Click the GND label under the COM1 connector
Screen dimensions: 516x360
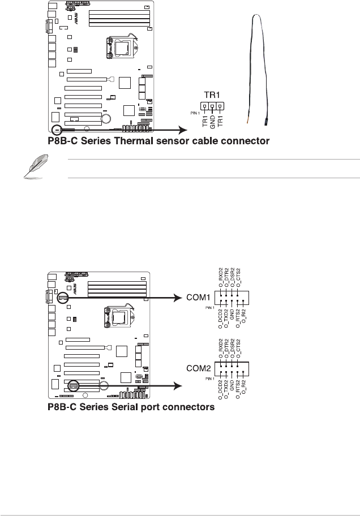(232, 313)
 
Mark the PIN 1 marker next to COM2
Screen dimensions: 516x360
(210, 377)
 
